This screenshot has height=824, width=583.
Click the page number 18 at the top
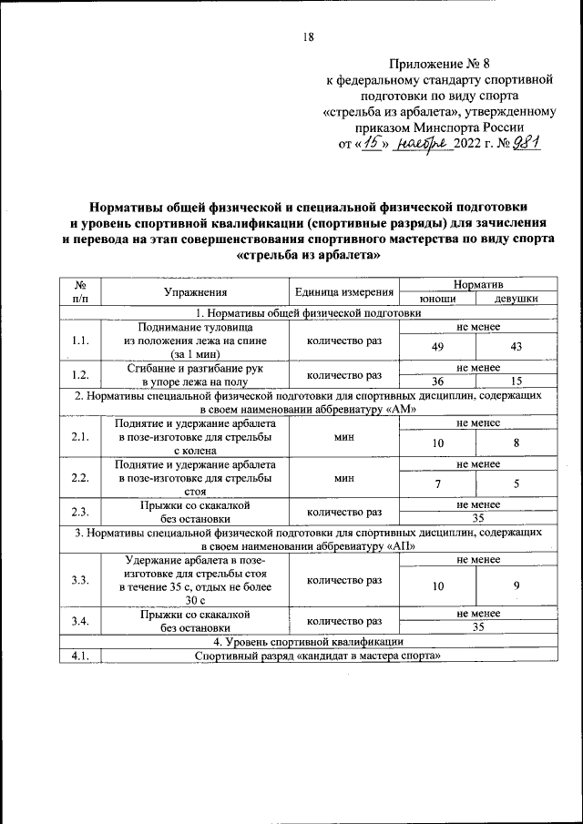tap(307, 37)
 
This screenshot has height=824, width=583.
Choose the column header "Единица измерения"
tap(344, 292)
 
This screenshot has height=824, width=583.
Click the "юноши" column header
tap(438, 299)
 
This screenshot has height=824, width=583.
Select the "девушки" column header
tap(516, 299)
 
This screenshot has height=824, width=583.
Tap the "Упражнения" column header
tap(195, 292)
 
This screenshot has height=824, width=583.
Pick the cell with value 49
tap(438, 347)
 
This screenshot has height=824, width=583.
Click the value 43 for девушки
tap(516, 347)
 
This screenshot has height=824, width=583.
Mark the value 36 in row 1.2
tap(438, 381)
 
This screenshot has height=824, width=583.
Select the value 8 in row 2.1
tap(516, 443)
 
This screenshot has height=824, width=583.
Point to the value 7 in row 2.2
tap(438, 483)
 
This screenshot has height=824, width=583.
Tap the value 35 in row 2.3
tap(477, 518)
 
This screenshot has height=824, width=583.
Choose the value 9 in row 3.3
tap(516, 586)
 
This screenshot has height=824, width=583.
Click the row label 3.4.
tap(79, 621)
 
